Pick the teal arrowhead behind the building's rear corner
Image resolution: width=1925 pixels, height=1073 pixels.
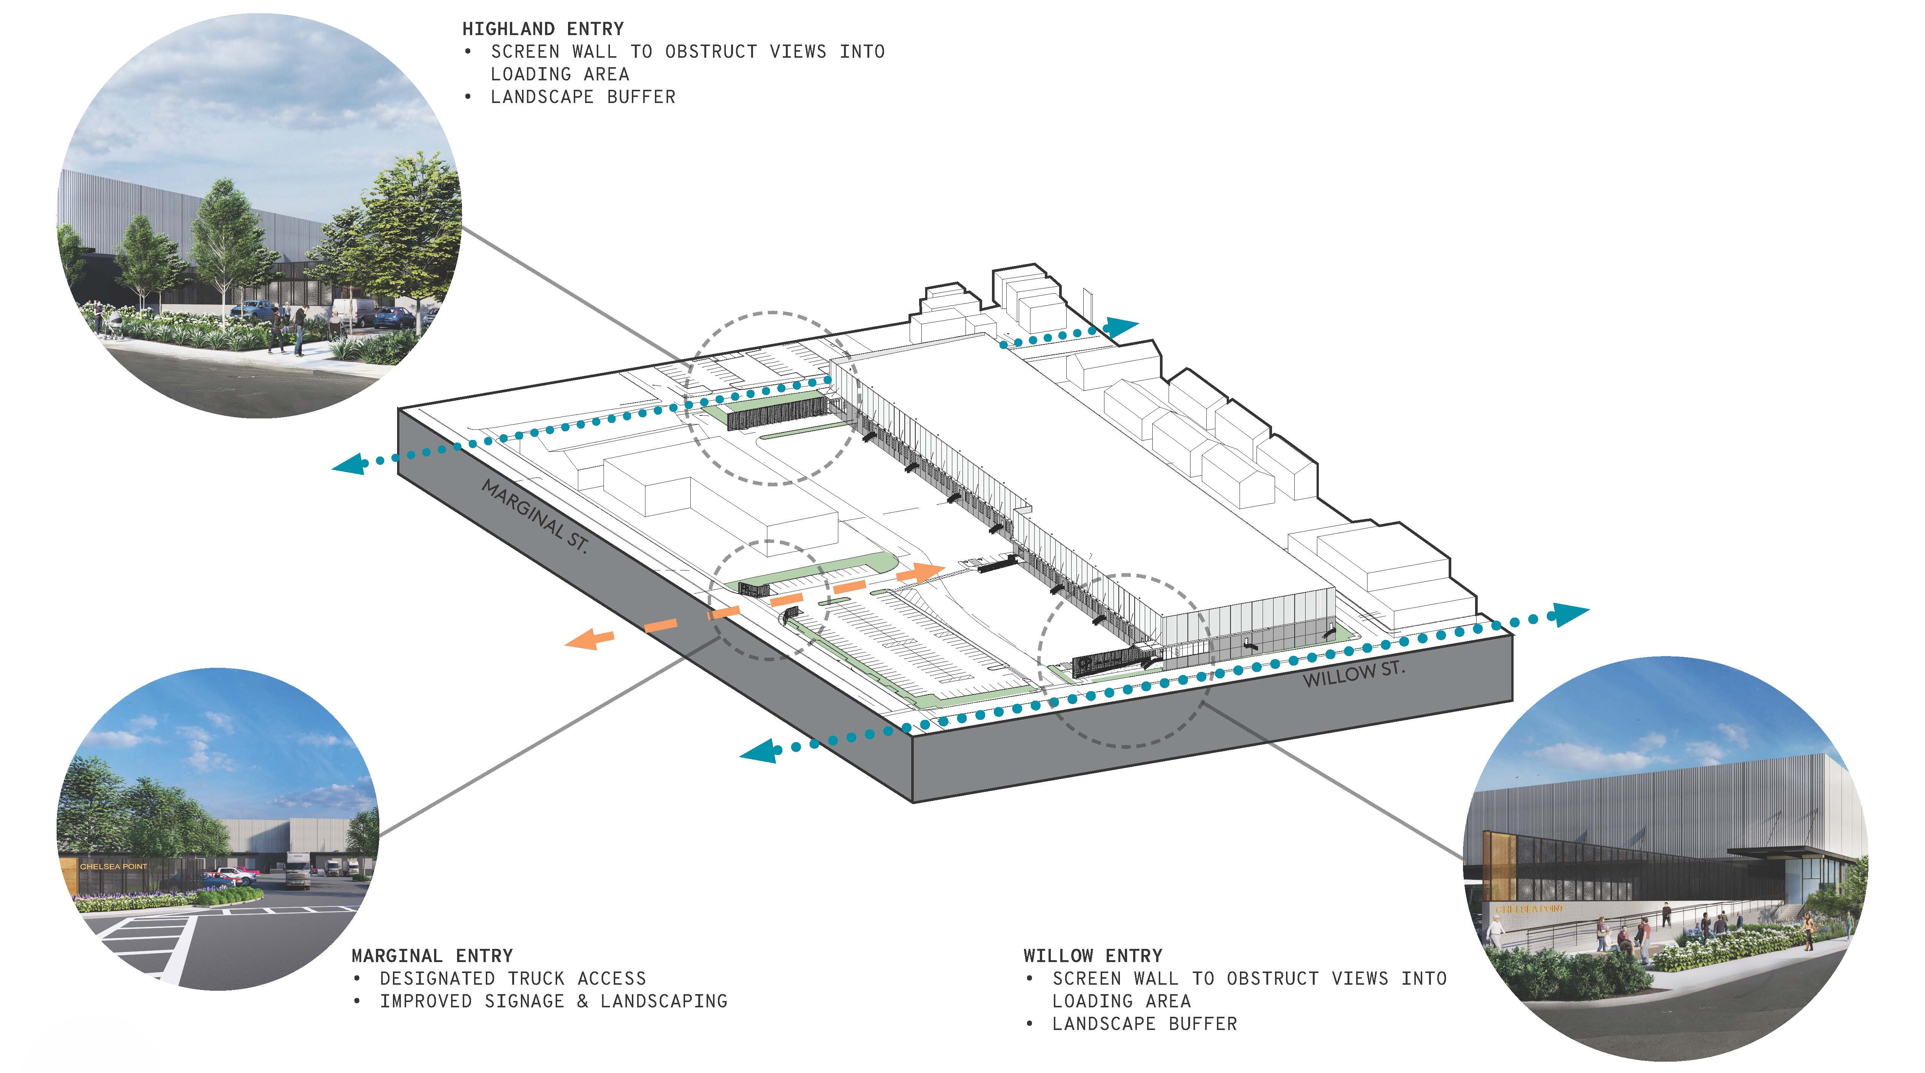pyautogui.click(x=1121, y=326)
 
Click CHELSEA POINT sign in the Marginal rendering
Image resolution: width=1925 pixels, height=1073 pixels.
pyautogui.click(x=114, y=867)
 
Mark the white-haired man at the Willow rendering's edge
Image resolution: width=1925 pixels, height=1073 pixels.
pyautogui.click(x=1495, y=933)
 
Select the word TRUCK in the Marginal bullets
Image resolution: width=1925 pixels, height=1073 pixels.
pyautogui.click(x=537, y=979)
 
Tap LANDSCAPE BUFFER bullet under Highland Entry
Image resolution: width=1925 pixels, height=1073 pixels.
pyautogui.click(x=583, y=97)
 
